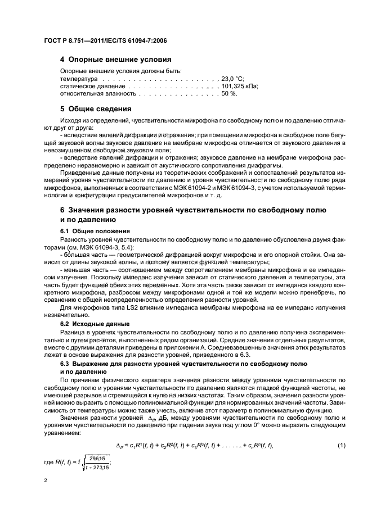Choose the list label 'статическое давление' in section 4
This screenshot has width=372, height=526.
(92, 87)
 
